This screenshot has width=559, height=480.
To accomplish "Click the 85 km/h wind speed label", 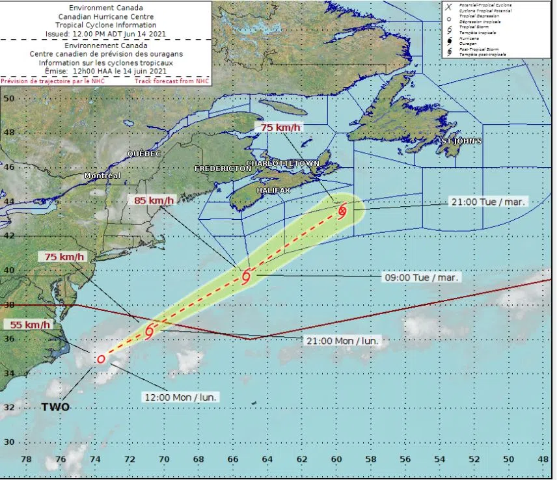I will coord(154,200).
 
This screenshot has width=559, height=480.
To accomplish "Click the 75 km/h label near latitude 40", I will coord(65,256).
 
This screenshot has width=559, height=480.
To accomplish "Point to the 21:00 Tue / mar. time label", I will coord(488,202).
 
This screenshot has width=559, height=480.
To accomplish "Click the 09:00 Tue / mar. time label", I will coord(422,277).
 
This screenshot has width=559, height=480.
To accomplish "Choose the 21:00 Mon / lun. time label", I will coord(342,340).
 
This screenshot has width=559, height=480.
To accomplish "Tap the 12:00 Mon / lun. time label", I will coord(181,396).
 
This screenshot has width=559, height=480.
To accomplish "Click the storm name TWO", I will coord(56,407).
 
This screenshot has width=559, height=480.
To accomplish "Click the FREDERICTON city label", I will coord(223,168).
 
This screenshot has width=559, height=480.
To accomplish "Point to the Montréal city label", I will coord(102,176).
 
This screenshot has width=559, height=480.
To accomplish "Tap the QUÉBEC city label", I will coord(144,153).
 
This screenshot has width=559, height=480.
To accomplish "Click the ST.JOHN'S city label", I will coord(461,141).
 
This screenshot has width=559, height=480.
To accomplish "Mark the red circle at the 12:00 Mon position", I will coord(101,359).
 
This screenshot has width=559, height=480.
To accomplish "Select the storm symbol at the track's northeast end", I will coord(342,210).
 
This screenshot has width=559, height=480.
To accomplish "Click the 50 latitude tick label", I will coord(10,98).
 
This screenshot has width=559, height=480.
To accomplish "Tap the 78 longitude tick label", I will coord(27,459).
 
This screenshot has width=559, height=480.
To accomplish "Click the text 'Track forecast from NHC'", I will coord(172,81).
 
